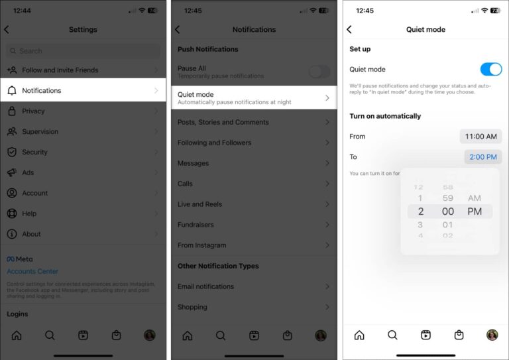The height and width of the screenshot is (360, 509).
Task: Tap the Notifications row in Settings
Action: tap(83, 91)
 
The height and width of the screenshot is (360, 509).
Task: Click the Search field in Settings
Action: tap(83, 51)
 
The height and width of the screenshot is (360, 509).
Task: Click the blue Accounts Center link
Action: tap(32, 271)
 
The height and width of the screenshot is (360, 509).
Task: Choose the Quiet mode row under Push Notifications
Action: tap(254, 98)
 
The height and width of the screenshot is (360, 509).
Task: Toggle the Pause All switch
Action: tap(319, 72)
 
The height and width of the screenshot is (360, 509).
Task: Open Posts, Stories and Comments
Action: tap(254, 122)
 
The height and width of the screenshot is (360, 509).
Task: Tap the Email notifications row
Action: tap(254, 286)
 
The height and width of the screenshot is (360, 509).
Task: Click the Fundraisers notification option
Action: tap(254, 225)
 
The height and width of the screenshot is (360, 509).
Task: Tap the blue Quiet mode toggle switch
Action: tap(490, 70)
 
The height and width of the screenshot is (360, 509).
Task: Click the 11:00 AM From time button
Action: tap(481, 137)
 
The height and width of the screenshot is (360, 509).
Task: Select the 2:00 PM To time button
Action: tap(482, 157)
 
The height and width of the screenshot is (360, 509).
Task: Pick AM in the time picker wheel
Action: tap(475, 198)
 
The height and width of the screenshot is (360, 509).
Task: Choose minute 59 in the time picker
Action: tap(448, 198)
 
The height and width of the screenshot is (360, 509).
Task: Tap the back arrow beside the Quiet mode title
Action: tap(349, 30)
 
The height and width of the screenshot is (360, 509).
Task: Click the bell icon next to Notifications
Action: tap(12, 91)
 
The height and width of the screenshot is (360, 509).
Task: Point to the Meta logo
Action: tap(19, 259)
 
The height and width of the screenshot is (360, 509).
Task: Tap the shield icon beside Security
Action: tap(12, 152)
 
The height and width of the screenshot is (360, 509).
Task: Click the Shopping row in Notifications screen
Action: tap(254, 307)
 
